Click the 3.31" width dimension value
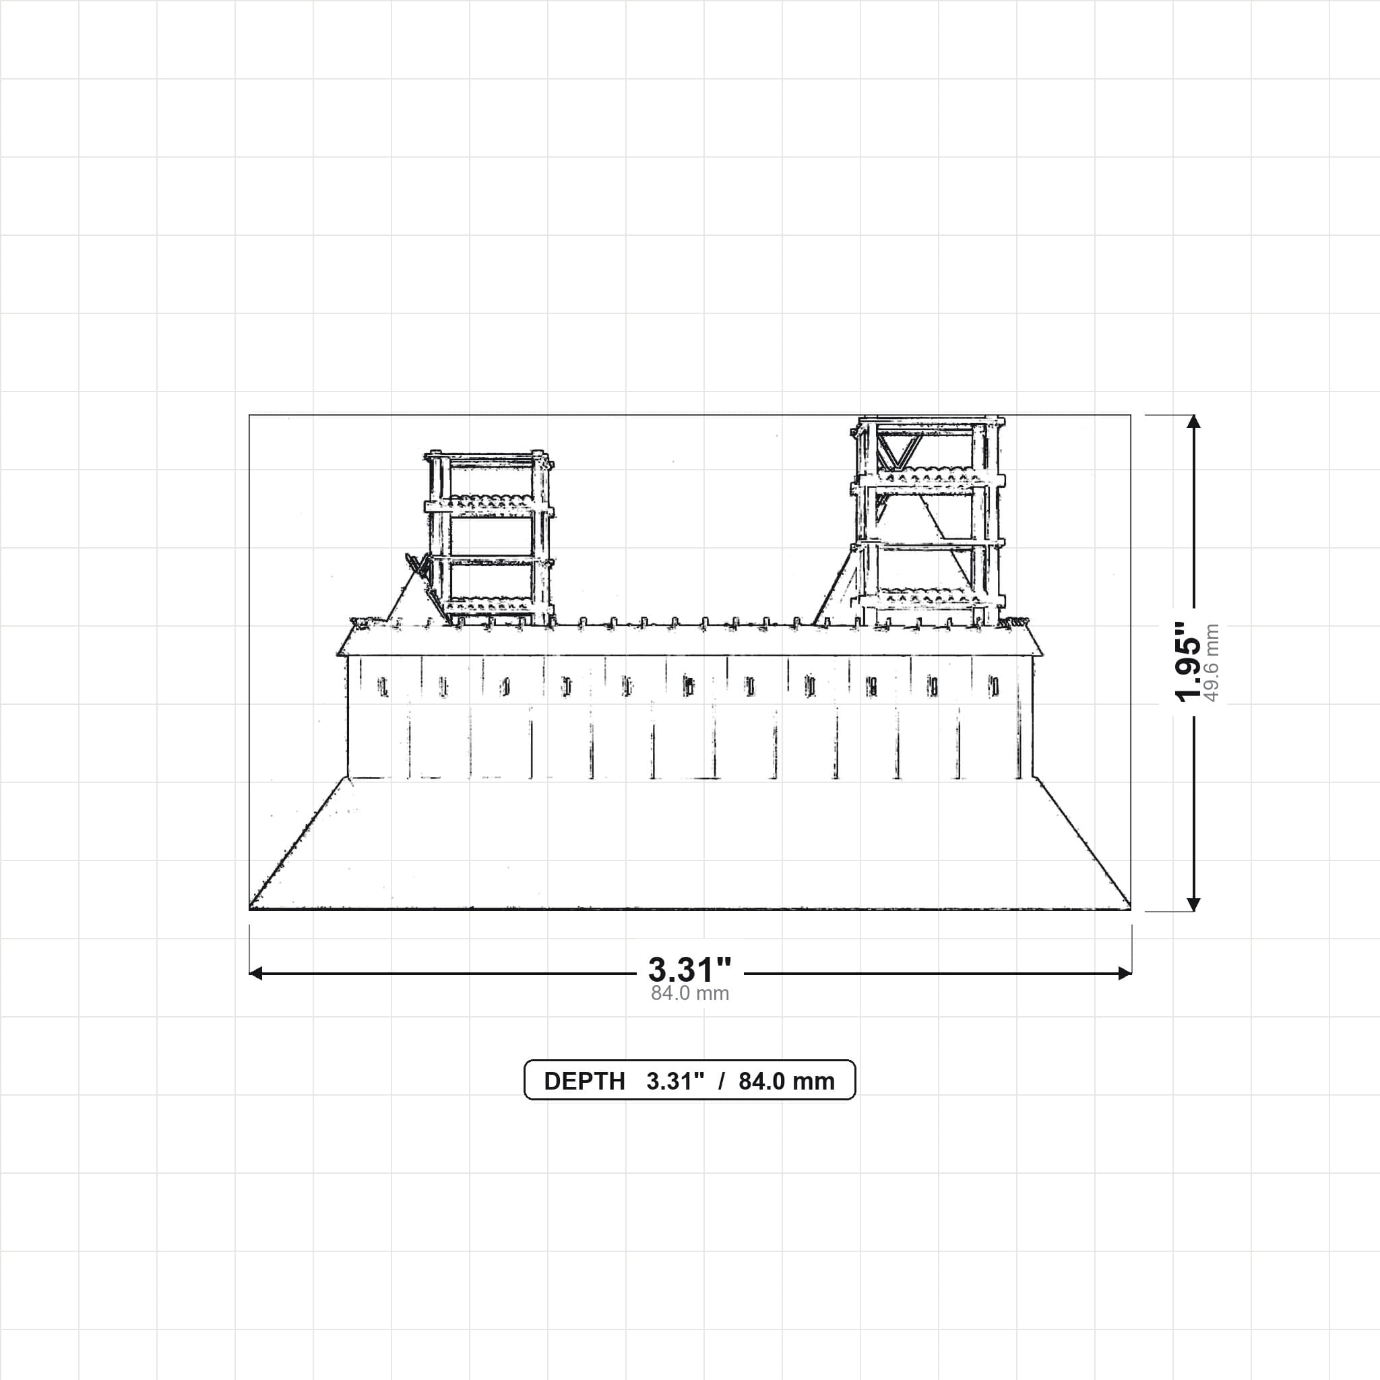689,969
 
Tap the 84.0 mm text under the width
690,994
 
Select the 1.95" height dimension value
1189,662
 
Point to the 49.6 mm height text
1212,663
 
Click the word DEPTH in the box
584,1081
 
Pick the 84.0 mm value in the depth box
786,1081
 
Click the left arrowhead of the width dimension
255,973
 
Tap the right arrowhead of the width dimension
1125,973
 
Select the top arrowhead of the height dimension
1193,421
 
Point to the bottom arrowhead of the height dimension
1193,904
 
